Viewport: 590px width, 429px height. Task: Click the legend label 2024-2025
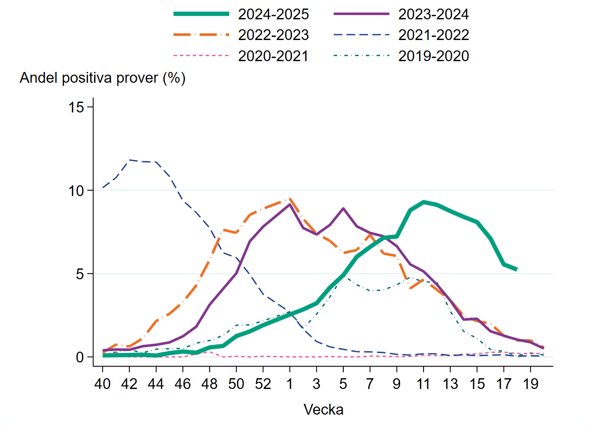pyautogui.click(x=273, y=14)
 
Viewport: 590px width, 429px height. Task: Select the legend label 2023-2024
pyautogui.click(x=433, y=14)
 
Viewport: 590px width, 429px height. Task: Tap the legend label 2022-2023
pyautogui.click(x=273, y=35)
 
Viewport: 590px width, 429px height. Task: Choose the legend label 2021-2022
pyautogui.click(x=433, y=35)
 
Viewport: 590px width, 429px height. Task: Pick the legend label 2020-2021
pyautogui.click(x=273, y=56)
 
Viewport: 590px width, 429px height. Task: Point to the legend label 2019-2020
pyautogui.click(x=433, y=56)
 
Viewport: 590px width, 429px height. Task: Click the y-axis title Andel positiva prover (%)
pyautogui.click(x=103, y=78)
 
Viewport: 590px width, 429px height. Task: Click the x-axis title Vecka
pyautogui.click(x=323, y=410)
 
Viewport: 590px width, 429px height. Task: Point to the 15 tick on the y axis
pyautogui.click(x=76, y=107)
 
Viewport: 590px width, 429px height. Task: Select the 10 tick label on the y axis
pyautogui.click(x=76, y=191)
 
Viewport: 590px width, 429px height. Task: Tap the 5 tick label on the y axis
pyautogui.click(x=80, y=274)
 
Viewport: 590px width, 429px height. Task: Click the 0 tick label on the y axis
pyautogui.click(x=80, y=357)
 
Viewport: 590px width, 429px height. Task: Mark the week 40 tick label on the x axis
pyautogui.click(x=103, y=384)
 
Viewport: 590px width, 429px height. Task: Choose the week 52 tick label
pyautogui.click(x=263, y=384)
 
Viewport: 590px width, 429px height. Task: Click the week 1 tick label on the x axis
pyautogui.click(x=290, y=384)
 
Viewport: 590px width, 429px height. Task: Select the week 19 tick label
pyautogui.click(x=531, y=384)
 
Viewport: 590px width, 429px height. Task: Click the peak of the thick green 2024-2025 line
pyautogui.click(x=423, y=202)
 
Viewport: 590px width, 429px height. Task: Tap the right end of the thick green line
pyautogui.click(x=517, y=269)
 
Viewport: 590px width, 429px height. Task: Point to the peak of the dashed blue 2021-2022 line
pyautogui.click(x=130, y=160)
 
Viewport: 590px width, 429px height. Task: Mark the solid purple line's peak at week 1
pyautogui.click(x=290, y=205)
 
